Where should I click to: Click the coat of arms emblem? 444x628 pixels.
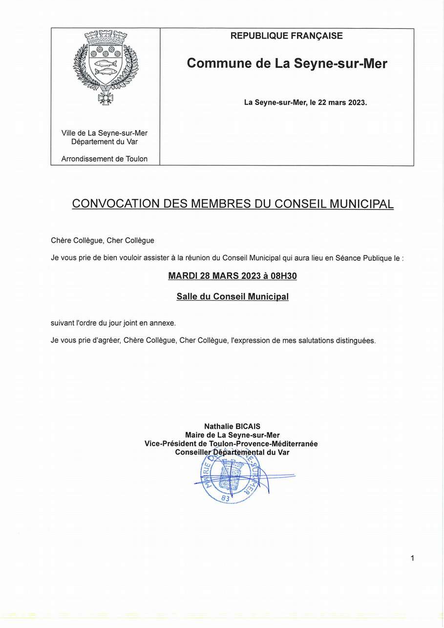106,67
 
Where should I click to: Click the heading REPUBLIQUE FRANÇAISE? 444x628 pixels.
286,36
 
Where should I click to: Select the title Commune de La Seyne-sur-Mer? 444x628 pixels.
287,63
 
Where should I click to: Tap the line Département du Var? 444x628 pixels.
105,142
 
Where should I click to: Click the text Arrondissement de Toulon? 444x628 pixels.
105,159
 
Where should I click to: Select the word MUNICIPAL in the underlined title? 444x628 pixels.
361,204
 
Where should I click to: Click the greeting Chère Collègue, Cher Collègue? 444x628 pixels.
103,240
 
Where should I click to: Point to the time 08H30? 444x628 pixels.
283,276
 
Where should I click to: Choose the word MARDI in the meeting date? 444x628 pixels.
182,276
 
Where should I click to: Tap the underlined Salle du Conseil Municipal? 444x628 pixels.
233,296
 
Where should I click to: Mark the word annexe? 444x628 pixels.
162,323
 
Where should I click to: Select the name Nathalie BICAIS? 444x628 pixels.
233,426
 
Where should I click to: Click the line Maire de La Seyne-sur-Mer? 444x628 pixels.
233,435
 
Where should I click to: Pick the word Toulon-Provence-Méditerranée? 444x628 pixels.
263,444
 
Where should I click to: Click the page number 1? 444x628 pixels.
412,558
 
